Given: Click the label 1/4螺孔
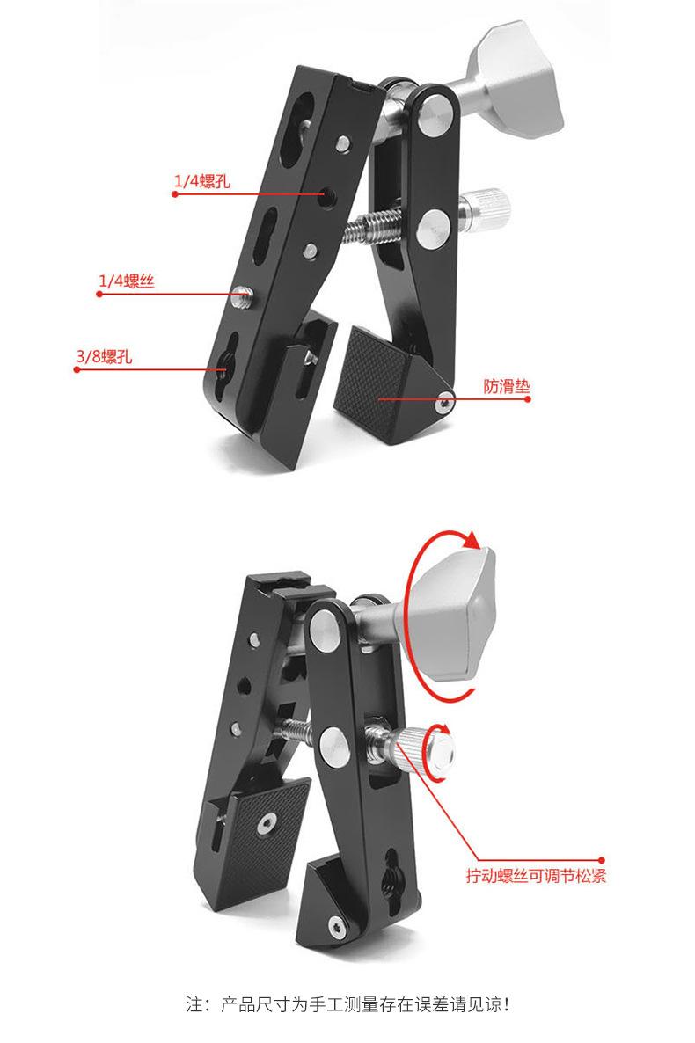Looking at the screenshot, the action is [202, 181].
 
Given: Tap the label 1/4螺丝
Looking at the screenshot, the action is [127, 281].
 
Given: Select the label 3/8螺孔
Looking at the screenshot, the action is [104, 356].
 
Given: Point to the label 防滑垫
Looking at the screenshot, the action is [507, 386].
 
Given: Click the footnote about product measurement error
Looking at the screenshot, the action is [347, 1003].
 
